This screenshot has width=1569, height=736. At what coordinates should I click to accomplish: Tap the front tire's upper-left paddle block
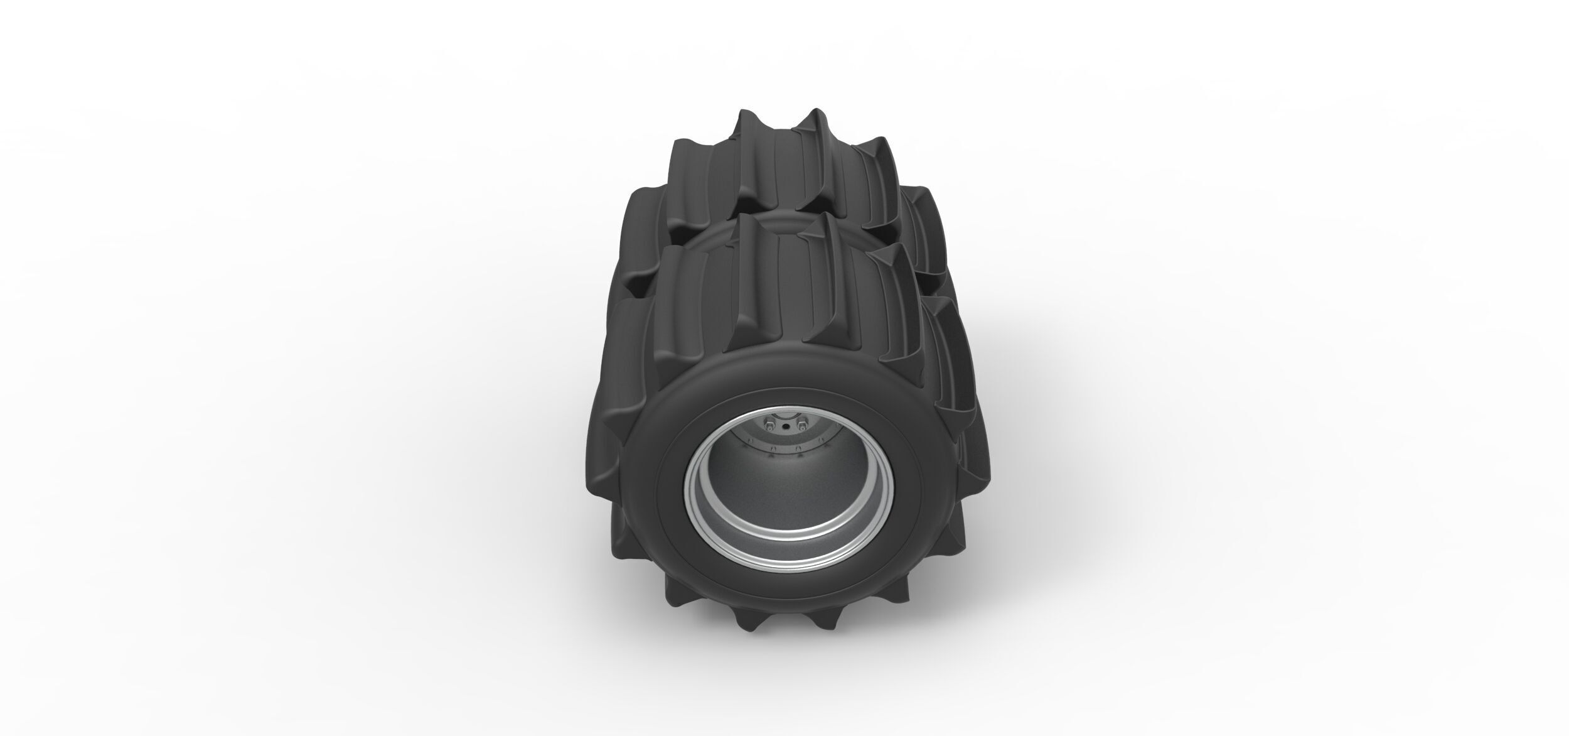click(x=678, y=295)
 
